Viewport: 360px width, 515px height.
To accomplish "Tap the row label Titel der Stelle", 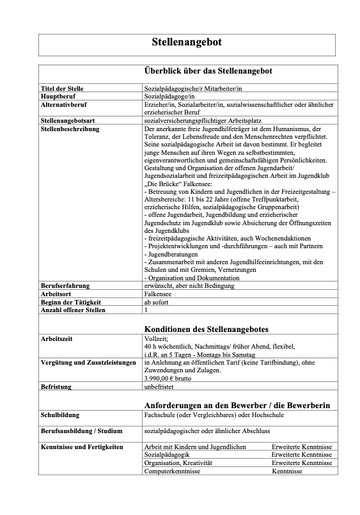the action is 62,88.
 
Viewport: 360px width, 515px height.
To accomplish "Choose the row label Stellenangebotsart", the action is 69,120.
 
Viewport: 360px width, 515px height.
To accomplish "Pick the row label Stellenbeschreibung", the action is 70,128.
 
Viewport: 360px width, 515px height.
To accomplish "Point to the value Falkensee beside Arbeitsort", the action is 160,294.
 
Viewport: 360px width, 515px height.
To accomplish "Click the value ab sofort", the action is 157,302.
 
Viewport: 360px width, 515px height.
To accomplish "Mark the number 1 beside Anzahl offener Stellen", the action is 146,310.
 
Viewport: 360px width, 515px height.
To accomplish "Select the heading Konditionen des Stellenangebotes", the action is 206,329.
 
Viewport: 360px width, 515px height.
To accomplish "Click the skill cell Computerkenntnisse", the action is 173,471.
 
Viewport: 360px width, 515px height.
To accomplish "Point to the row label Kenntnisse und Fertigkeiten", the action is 82,446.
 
